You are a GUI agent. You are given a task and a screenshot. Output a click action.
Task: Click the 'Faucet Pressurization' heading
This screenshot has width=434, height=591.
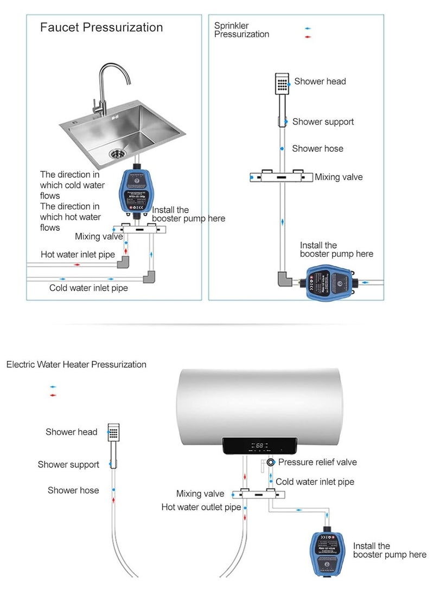click(x=101, y=28)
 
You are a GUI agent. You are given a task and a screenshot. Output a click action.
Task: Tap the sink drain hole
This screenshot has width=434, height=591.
click(x=116, y=153)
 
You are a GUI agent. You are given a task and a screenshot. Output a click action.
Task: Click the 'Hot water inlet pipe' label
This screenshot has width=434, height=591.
click(x=77, y=255)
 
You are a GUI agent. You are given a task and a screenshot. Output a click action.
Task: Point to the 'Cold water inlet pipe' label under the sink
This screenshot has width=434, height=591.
click(x=88, y=288)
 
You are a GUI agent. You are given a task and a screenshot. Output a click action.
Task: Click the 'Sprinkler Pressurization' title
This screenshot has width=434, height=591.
click(x=241, y=30)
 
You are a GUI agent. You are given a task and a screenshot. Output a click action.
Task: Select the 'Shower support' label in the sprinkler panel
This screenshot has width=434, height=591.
click(x=323, y=122)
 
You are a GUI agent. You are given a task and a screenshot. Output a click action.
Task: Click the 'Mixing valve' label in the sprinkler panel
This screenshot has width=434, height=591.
click(x=339, y=177)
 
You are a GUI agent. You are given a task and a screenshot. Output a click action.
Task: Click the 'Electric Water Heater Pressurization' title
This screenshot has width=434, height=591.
click(x=76, y=365)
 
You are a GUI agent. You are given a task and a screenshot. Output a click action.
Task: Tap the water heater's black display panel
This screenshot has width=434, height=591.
click(x=260, y=446)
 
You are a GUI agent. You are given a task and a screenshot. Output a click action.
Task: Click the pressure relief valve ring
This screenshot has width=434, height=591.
click(x=271, y=463)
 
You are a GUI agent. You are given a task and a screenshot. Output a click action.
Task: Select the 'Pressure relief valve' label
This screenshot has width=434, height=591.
click(x=317, y=462)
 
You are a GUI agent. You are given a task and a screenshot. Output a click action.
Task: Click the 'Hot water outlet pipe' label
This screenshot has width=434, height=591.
click(x=201, y=508)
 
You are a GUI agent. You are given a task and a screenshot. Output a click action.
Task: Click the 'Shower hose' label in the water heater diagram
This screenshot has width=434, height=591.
click(x=73, y=490)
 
